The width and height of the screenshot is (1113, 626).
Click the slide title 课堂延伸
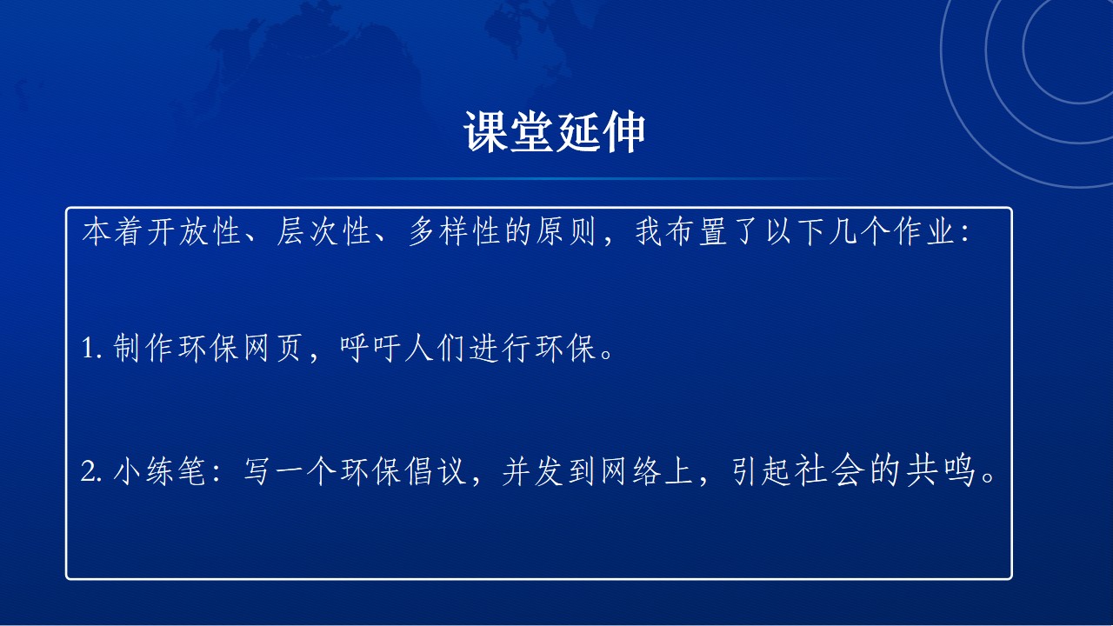click(x=554, y=131)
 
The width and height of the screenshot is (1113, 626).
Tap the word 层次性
click(x=323, y=231)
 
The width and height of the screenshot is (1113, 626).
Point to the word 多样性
click(x=454, y=231)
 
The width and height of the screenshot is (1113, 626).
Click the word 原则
click(x=565, y=231)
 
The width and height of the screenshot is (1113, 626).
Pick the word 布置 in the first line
click(x=696, y=231)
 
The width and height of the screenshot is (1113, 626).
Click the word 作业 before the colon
click(x=924, y=231)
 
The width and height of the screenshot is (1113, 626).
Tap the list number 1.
click(x=90, y=348)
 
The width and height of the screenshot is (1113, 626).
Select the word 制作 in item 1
click(x=143, y=348)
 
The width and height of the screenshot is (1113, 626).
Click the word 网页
click(x=272, y=348)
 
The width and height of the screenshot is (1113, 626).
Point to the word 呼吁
click(x=370, y=348)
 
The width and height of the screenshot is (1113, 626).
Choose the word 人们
click(x=435, y=348)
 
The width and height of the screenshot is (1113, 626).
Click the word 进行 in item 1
click(x=500, y=348)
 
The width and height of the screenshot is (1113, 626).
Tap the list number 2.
click(x=90, y=471)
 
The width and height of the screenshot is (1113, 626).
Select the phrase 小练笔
click(x=159, y=471)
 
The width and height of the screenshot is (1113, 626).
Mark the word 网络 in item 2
click(x=631, y=471)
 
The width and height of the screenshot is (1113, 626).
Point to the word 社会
click(x=827, y=471)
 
